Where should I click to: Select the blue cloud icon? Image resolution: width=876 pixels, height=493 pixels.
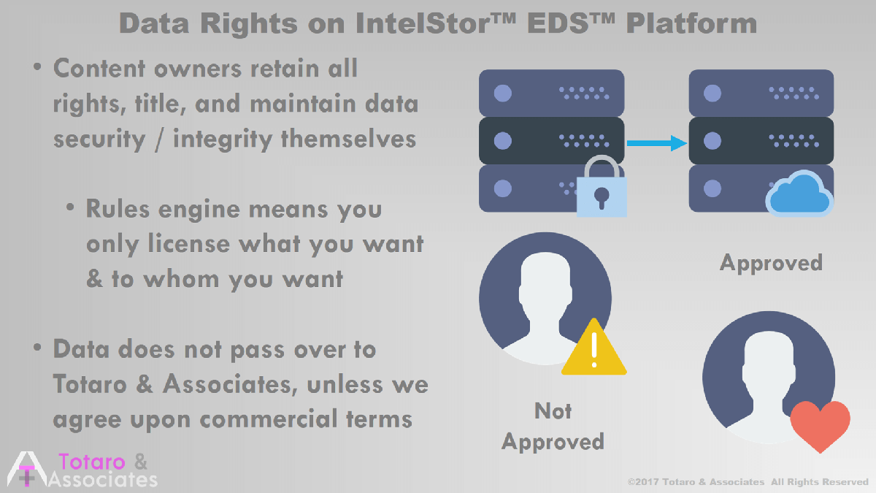click(799, 194)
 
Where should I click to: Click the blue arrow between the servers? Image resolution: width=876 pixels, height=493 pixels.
click(656, 143)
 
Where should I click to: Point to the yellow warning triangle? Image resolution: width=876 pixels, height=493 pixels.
click(594, 348)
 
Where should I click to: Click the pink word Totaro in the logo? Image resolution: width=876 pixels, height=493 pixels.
click(92, 462)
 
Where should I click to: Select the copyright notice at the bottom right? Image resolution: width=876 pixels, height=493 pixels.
click(748, 482)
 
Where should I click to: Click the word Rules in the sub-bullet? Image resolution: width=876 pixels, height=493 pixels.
click(118, 209)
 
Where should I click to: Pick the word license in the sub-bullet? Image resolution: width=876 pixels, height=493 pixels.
click(188, 244)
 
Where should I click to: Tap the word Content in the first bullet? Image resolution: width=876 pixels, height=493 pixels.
click(99, 69)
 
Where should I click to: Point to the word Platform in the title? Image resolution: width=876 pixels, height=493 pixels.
click(691, 23)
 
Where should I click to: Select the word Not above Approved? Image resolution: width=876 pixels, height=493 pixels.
click(553, 410)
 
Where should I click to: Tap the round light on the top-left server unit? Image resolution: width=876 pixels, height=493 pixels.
click(503, 93)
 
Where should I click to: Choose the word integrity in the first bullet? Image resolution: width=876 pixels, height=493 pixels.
click(223, 140)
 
